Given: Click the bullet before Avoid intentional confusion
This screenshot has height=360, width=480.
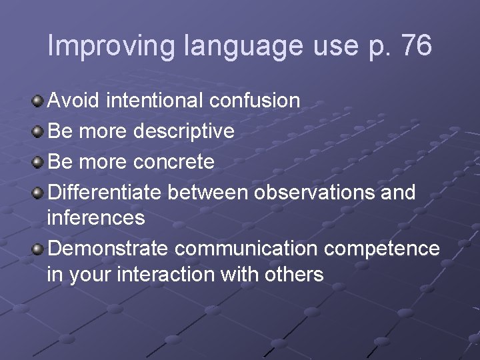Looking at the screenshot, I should [x=39, y=101].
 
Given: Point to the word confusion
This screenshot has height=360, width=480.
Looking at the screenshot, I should [x=255, y=101].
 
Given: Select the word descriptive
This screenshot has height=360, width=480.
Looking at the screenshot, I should [x=184, y=131].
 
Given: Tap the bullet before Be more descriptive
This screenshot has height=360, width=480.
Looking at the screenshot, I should [x=39, y=131].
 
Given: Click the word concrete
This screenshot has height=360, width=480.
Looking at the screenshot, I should [x=174, y=162].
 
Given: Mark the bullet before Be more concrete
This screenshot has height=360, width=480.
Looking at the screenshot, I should [x=39, y=161].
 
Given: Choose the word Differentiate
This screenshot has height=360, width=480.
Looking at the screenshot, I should [x=105, y=193].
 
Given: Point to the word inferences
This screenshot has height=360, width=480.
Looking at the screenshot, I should [x=96, y=217].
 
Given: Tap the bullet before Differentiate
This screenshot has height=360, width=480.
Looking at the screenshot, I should [x=39, y=193].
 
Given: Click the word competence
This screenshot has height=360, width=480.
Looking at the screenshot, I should [x=382, y=249].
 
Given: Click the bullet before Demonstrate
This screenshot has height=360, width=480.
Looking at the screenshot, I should [x=39, y=249].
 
